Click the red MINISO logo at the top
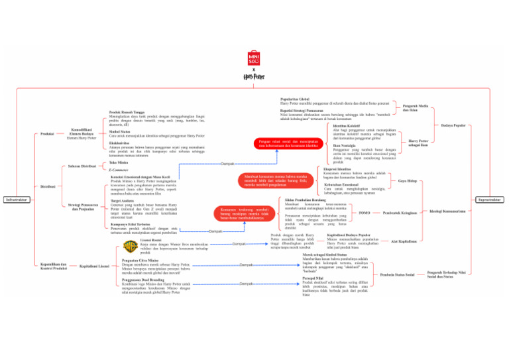[254, 58]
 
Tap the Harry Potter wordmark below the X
[254, 78]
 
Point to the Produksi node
[48, 134]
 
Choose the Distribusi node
[48, 186]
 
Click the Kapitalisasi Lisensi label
[94, 266]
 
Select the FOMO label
[364, 213]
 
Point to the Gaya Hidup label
[407, 180]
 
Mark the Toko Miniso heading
[119, 162]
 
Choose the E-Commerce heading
[119, 170]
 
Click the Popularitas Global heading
[296, 99]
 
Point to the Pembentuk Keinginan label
[400, 213]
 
